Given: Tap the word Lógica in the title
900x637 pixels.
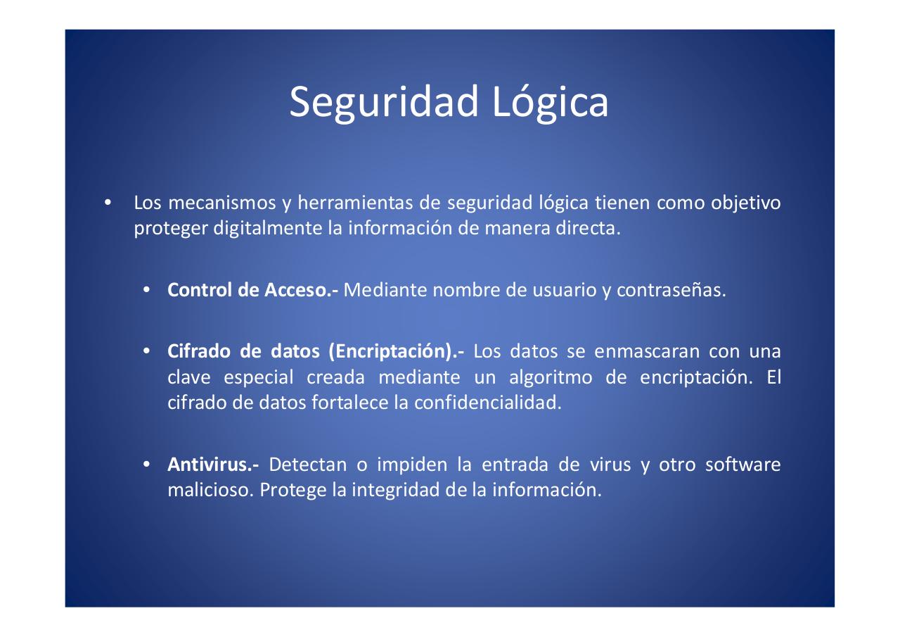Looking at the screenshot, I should [550, 102].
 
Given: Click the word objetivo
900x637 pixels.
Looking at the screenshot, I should [745, 203].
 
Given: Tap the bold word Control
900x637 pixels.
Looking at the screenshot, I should [198, 290].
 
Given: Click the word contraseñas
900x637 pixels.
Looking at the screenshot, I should [670, 290].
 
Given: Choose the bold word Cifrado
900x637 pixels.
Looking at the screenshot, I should [193, 351].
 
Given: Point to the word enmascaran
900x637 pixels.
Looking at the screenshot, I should [647, 351].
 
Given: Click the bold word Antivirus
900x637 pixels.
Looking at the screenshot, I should [213, 465].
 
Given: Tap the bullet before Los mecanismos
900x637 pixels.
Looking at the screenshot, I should [107, 204].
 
